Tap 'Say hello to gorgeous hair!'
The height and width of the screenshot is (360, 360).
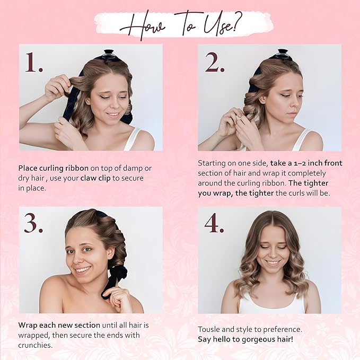245,339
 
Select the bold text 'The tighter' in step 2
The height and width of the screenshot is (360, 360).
309,183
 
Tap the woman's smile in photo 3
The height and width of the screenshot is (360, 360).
83,269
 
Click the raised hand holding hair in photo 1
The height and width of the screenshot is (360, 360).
57,86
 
